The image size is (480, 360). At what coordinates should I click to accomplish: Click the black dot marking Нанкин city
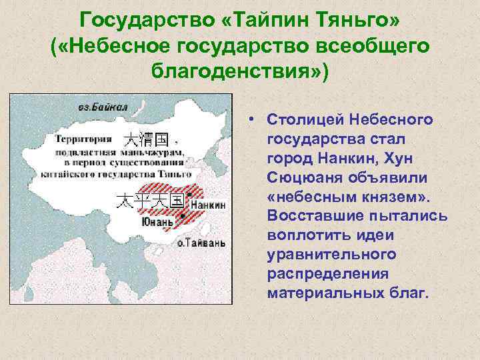(x=189, y=195)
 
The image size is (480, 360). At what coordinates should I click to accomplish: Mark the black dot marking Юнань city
(x=182, y=215)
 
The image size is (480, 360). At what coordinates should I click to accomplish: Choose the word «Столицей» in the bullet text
(x=297, y=120)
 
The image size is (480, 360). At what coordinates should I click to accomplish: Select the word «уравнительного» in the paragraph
(x=331, y=255)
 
